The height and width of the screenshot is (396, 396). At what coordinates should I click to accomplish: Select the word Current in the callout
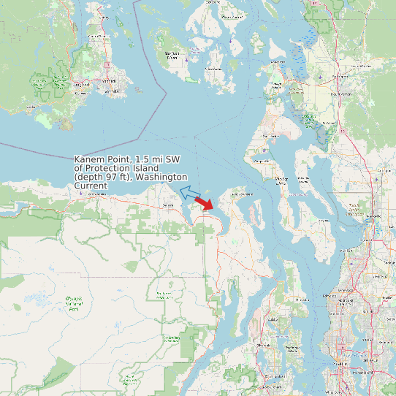[91, 186]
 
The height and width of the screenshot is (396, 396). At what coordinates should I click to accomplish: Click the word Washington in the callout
[161, 178]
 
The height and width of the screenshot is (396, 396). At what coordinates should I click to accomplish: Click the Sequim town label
[168, 205]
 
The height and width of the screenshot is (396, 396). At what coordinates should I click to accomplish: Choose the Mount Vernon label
[340, 94]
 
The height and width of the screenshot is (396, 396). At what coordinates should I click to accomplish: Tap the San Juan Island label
[172, 56]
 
